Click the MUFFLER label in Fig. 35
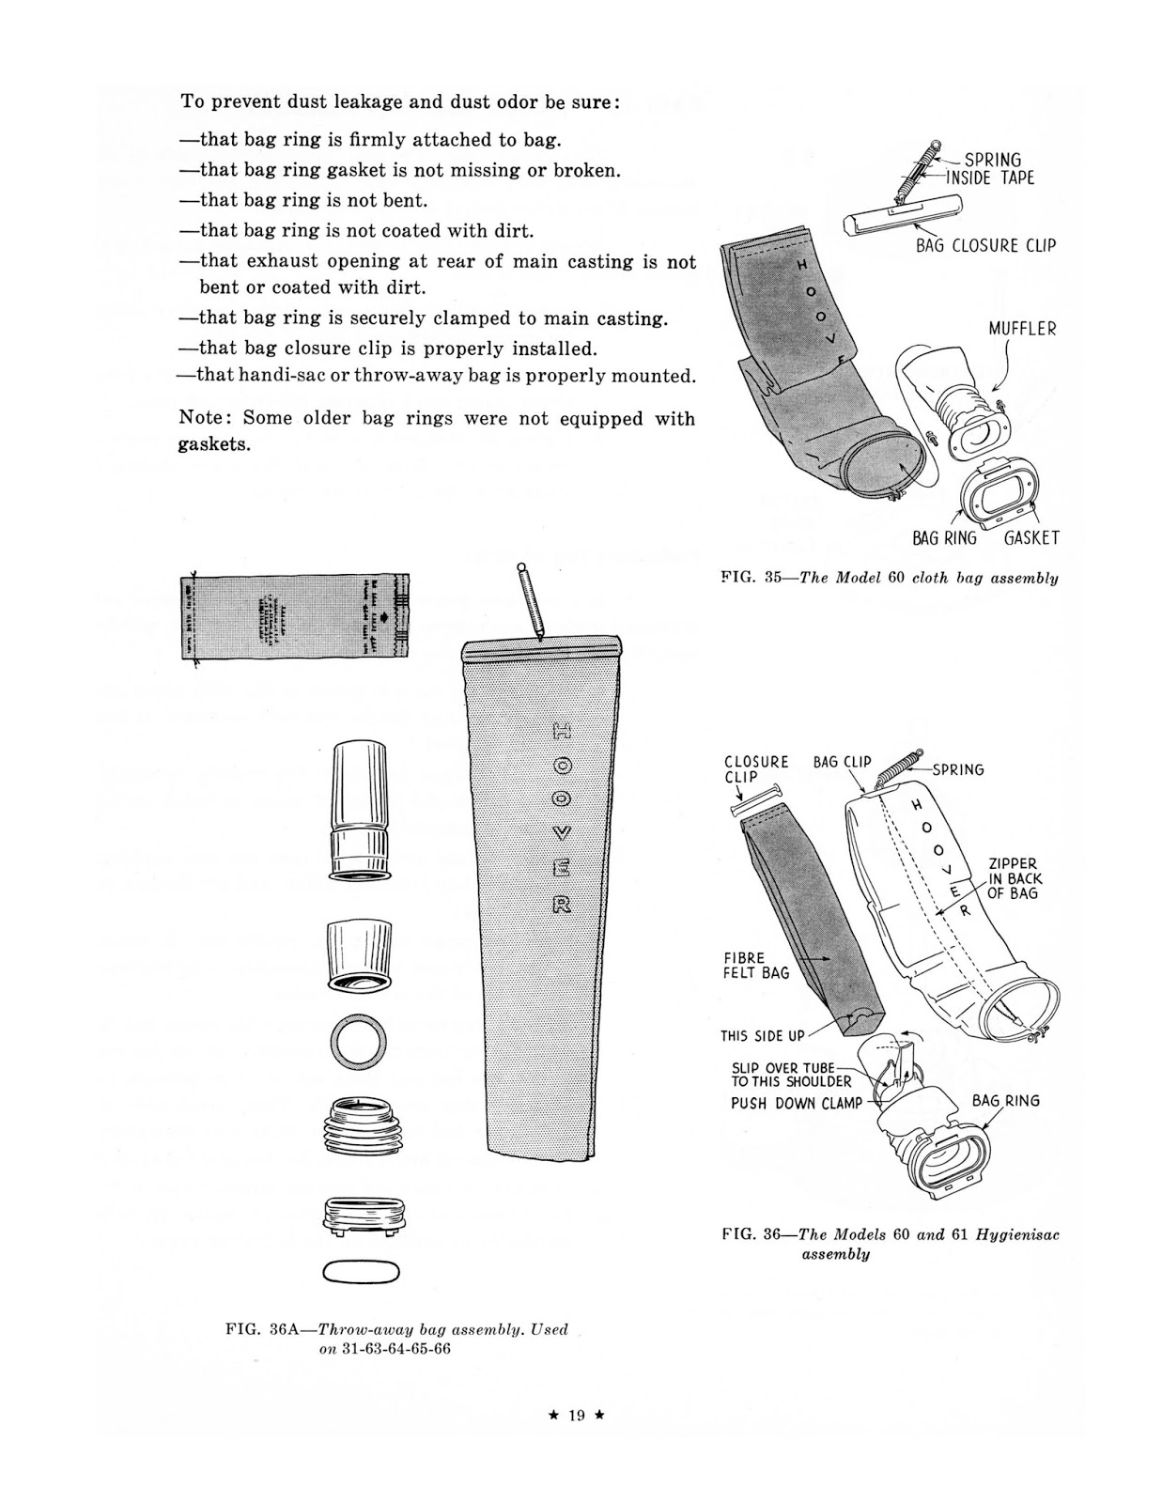point(1021,329)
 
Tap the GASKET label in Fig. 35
point(1031,538)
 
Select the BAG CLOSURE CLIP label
point(985,245)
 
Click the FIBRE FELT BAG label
point(756,966)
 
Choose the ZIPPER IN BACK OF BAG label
point(1014,878)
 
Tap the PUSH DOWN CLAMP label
point(796,1103)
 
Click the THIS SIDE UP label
point(762,1036)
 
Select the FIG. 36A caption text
point(396,1339)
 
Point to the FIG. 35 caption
point(889,578)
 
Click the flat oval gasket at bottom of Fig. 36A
point(361,1272)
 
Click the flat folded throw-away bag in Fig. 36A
point(295,616)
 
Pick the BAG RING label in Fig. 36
point(1005,1101)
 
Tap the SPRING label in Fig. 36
point(958,769)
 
